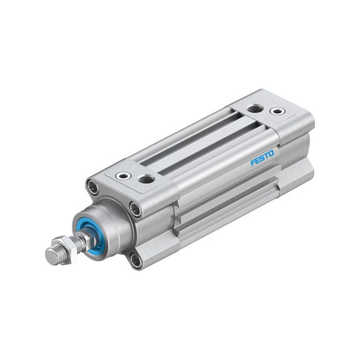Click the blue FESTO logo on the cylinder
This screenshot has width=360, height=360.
262,158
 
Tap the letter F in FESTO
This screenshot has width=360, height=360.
253,162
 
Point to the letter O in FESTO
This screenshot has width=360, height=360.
271,154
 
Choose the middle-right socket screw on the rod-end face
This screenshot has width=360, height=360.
135,209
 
